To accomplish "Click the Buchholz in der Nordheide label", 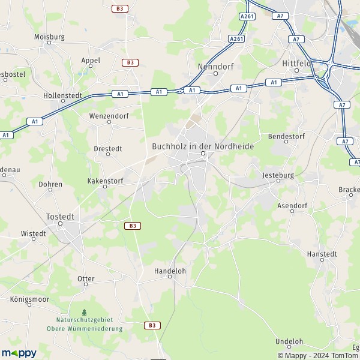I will [203, 146].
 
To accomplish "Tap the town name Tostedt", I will [60, 216].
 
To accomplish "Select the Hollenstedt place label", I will [62, 95].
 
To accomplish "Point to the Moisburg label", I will [49, 37].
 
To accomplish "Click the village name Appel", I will [91, 61].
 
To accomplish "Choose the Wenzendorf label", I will [109, 115].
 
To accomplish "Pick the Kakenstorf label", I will [105, 180].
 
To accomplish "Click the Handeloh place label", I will [170, 271].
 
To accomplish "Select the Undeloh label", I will [289, 341].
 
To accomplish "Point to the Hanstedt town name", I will [323, 254].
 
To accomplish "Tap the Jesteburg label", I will [277, 175].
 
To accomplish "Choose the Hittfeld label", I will [296, 62].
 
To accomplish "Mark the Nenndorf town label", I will [215, 67].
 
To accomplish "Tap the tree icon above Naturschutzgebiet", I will [84, 312].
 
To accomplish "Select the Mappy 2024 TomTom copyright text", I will [316, 355].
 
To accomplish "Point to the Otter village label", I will [86, 279].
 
